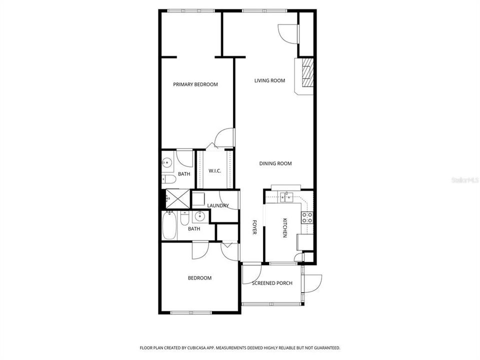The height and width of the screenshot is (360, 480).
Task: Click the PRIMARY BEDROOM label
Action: click(x=195, y=84)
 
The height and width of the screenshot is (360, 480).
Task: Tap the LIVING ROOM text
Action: click(x=269, y=80)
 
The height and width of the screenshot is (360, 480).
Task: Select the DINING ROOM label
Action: click(x=275, y=163)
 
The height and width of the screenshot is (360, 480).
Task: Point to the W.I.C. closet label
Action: click(x=214, y=171)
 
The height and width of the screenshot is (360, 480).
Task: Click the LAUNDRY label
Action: click(x=218, y=205)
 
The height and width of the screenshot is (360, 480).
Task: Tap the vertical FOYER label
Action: click(x=254, y=227)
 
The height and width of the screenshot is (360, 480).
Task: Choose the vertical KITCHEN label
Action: click(x=285, y=228)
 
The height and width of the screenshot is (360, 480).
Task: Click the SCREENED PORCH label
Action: click(x=272, y=283)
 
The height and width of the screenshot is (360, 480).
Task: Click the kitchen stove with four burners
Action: click(x=306, y=217)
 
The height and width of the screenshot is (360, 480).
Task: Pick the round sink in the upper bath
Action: click(x=166, y=162)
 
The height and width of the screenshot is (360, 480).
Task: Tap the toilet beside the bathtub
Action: click(x=184, y=219)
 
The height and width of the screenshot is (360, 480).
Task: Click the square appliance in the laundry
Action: click(x=198, y=199)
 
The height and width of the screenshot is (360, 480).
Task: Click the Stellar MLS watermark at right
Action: click(x=464, y=178)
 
